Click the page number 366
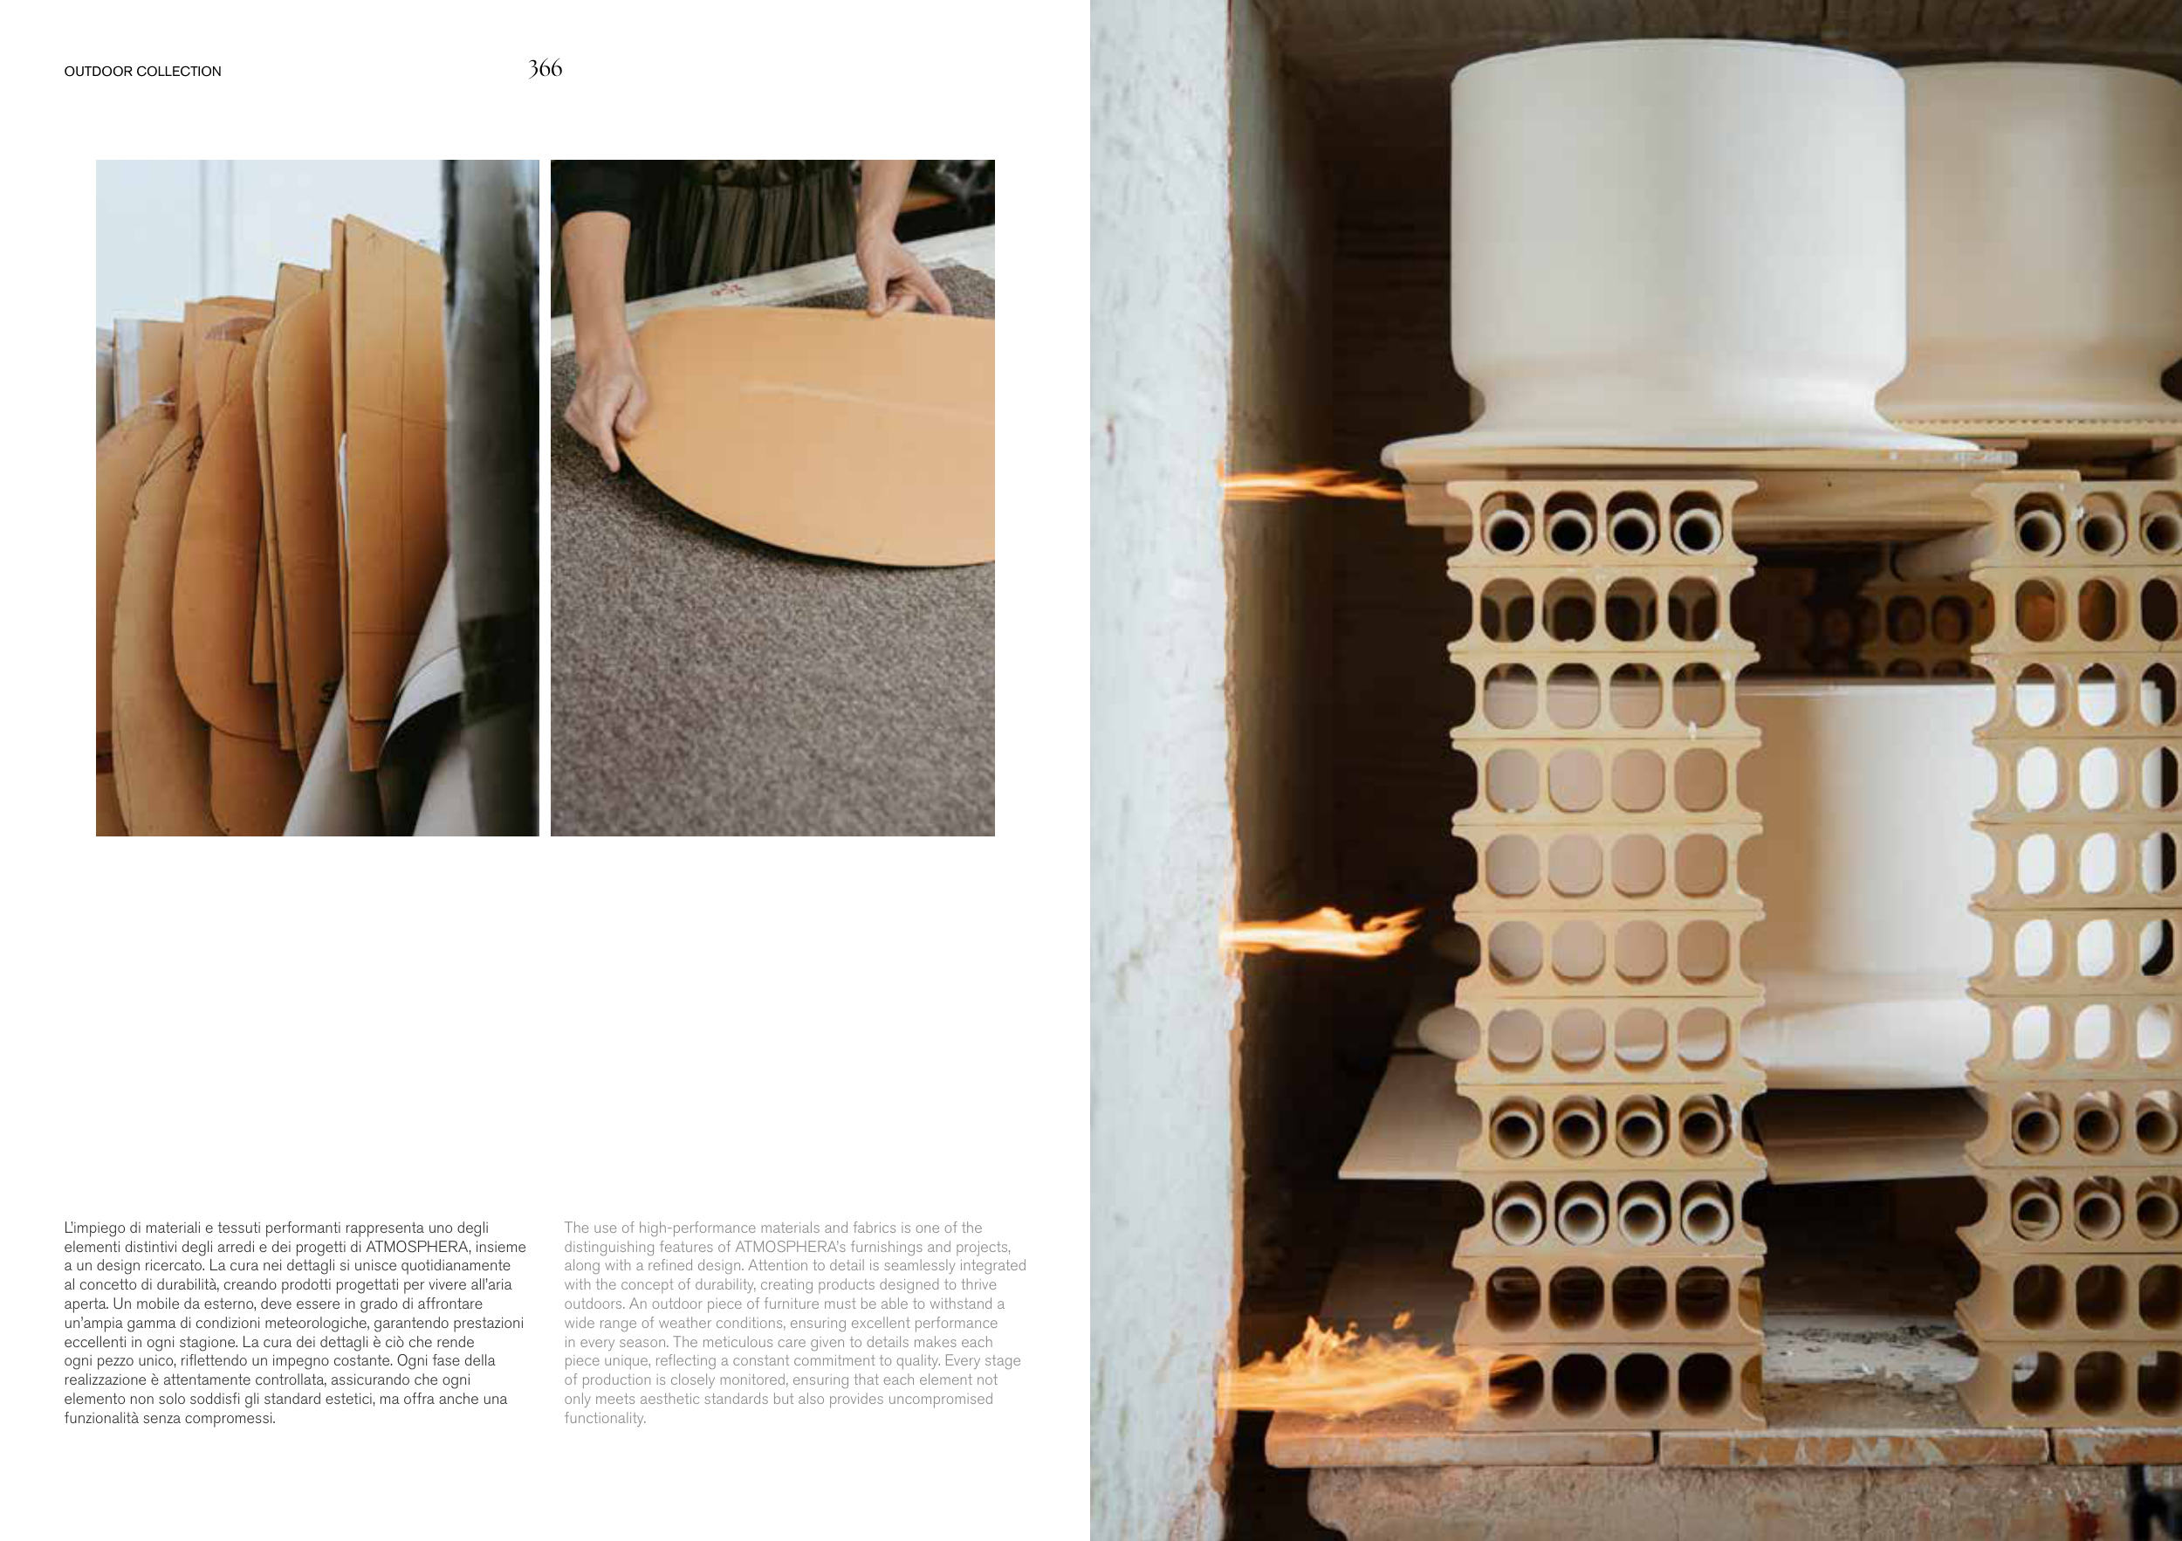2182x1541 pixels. (545, 68)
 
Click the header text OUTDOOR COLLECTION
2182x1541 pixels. (142, 72)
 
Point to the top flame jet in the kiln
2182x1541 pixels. (1312, 484)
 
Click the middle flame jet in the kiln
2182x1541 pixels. (1321, 932)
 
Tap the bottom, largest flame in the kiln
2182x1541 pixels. (1369, 1369)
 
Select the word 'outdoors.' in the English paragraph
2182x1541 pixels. (595, 1304)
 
